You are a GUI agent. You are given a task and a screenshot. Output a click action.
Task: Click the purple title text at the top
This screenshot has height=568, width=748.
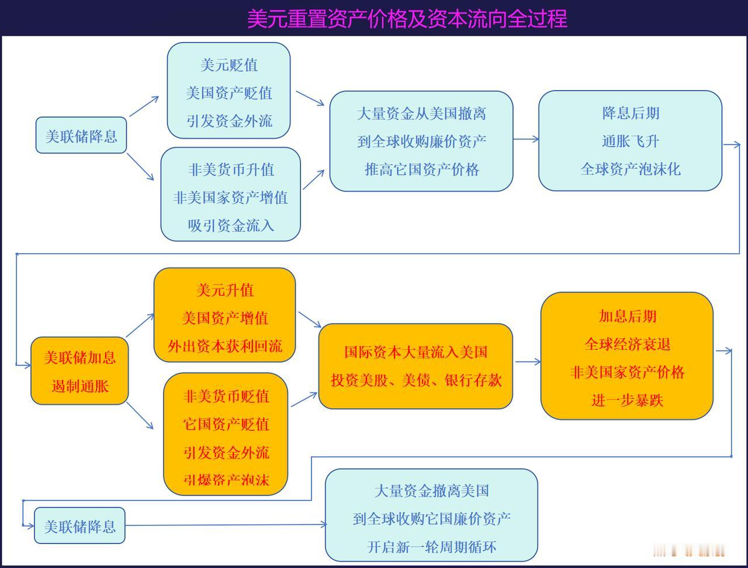(x=407, y=18)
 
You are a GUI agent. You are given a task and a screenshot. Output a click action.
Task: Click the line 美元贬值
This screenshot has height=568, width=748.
(x=229, y=65)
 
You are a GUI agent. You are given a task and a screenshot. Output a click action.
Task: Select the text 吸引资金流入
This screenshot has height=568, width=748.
(x=231, y=225)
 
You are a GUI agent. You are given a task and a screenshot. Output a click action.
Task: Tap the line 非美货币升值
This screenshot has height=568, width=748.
(x=231, y=170)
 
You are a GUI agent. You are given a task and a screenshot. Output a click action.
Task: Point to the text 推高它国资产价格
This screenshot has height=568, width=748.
(x=421, y=170)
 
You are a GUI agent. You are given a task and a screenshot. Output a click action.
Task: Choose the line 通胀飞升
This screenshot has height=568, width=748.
(x=630, y=141)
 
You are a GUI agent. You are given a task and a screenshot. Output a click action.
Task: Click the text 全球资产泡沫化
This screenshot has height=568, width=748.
(x=630, y=169)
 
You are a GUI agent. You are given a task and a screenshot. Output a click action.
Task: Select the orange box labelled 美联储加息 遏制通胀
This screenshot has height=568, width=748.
(x=79, y=371)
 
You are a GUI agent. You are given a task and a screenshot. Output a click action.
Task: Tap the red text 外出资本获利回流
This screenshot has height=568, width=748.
(x=225, y=346)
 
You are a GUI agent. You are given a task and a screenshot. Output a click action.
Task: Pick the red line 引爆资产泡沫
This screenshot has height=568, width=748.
(x=226, y=480)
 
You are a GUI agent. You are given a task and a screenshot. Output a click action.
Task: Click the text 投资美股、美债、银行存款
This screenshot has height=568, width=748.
(x=415, y=380)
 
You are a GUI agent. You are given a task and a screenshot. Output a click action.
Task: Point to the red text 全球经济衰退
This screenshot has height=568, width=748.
(x=628, y=344)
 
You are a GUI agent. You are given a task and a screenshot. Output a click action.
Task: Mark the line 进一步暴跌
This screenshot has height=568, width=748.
(x=628, y=400)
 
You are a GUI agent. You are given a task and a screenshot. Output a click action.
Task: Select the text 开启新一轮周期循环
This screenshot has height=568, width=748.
(x=431, y=547)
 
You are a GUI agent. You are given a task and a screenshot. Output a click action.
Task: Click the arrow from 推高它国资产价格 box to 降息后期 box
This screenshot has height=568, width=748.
(x=526, y=139)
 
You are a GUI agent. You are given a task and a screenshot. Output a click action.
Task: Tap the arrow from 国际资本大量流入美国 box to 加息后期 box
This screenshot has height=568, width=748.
(x=528, y=362)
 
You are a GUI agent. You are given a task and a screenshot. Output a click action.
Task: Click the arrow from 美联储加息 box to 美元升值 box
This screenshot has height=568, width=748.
(x=140, y=325)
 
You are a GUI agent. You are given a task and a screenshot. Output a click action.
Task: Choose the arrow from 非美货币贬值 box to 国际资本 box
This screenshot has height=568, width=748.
(x=304, y=399)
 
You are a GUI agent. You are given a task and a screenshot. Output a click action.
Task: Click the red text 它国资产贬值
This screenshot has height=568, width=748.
(x=226, y=424)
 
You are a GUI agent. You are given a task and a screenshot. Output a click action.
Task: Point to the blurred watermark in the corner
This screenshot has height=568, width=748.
(x=690, y=550)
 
